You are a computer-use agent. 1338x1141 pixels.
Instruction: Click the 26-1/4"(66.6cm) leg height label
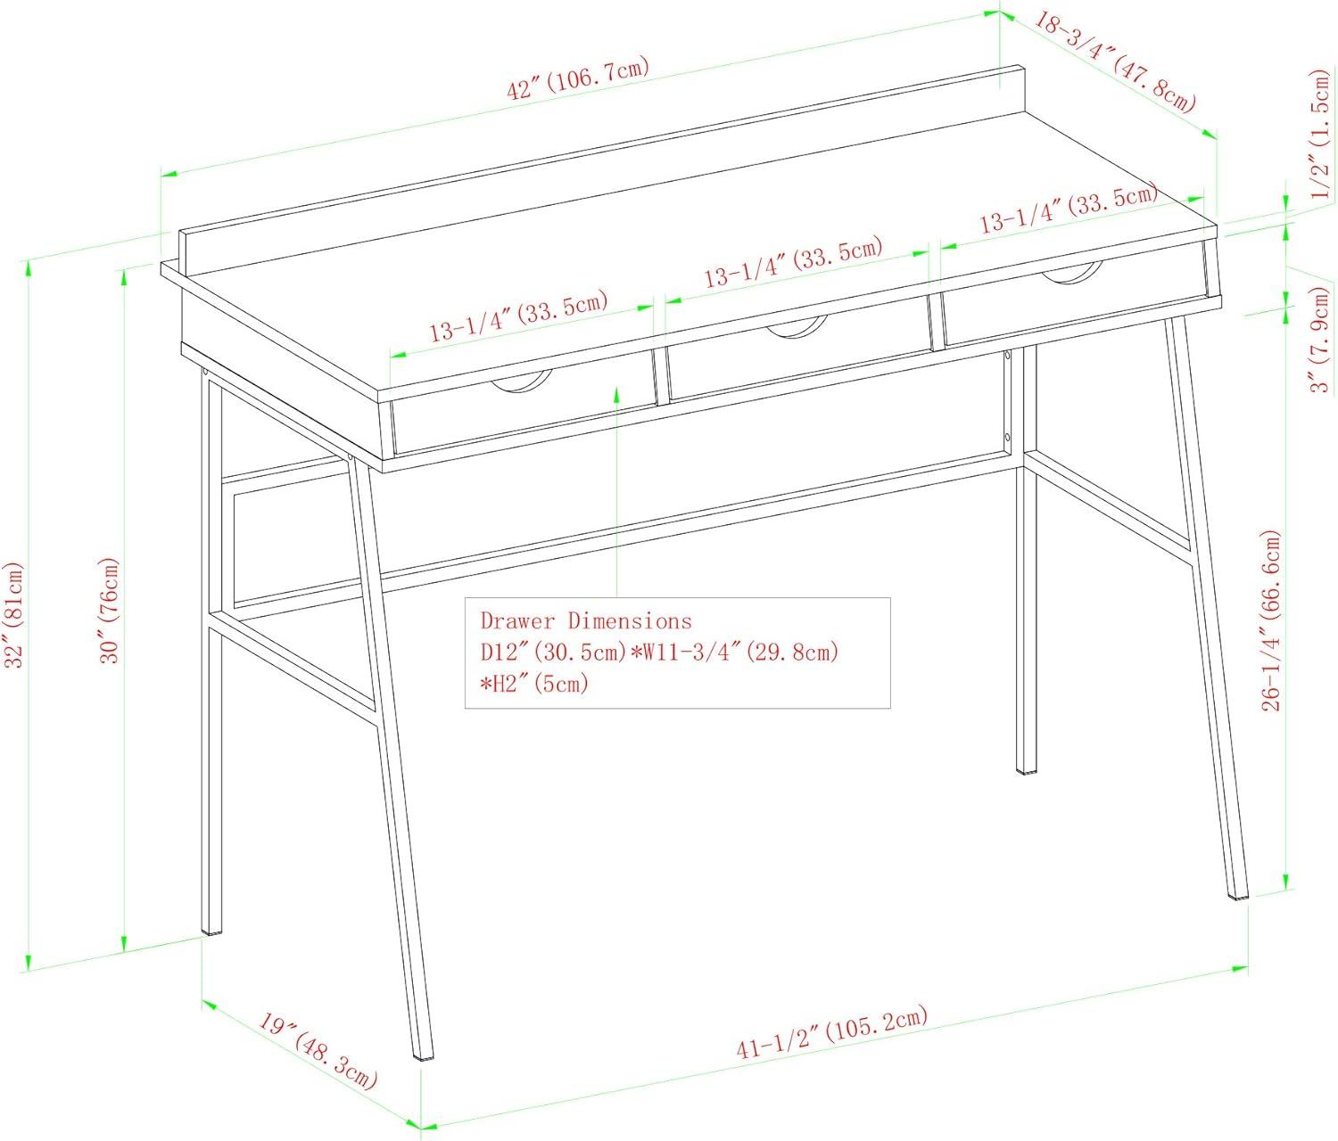tap(1271, 620)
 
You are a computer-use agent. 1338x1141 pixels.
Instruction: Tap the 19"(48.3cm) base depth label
tap(318, 1050)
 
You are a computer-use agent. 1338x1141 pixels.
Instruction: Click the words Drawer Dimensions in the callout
tap(586, 620)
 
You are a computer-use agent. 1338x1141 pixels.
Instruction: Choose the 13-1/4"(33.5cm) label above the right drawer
tap(1069, 208)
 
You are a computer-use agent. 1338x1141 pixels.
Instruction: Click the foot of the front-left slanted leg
tap(425, 1058)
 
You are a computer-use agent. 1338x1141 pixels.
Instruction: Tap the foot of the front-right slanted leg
tap(1238, 895)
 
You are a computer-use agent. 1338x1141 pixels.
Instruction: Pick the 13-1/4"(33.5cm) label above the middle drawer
tap(793, 263)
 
